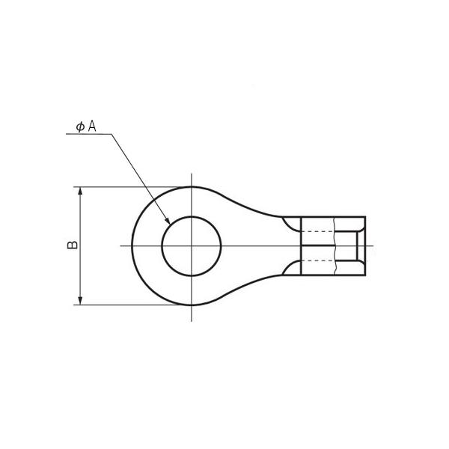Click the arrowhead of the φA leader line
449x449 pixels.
[167, 222]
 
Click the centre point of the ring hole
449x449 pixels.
[192, 245]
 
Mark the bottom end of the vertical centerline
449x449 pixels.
[192, 322]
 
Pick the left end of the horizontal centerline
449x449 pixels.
[121, 245]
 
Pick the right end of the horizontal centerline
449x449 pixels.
[372, 245]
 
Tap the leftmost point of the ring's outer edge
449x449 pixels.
[132, 245]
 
